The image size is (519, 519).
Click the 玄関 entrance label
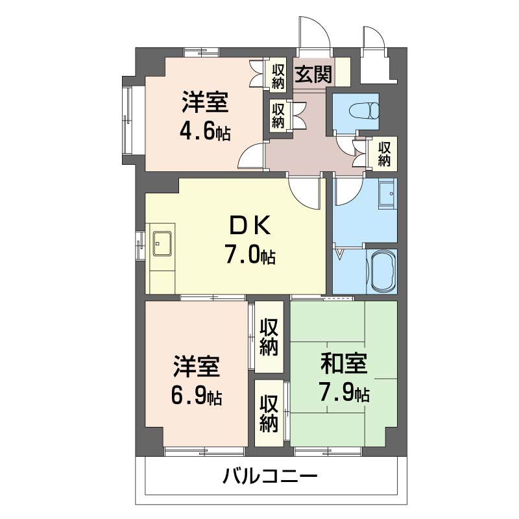pos(313,75)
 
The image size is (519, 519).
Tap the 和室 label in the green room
pos(344,365)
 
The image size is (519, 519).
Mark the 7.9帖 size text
pos(344,393)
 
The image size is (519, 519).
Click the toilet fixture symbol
pos(363,109)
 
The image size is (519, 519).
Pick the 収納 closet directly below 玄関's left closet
pos(278,115)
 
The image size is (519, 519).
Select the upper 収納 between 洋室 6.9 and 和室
pos(269,337)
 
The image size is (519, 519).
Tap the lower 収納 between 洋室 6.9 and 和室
pos(269,414)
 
